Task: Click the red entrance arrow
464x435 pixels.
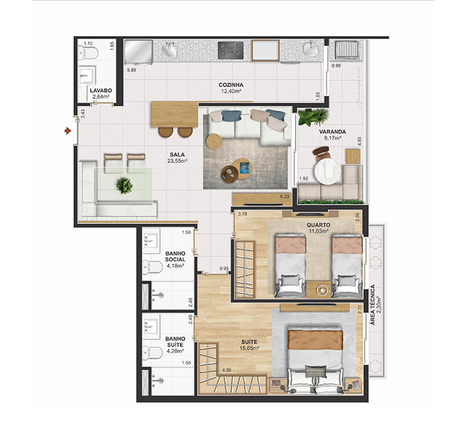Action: tap(68, 131)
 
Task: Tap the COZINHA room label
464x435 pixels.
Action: tap(231, 85)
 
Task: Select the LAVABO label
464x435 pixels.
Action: tap(101, 91)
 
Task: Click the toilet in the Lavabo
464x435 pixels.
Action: tap(88, 53)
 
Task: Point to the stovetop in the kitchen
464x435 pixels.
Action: tap(231, 50)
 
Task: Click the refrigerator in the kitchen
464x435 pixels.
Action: tap(138, 52)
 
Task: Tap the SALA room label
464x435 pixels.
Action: tap(177, 154)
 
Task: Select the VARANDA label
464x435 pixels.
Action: tap(332, 132)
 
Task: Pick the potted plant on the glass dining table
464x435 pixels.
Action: tap(124, 185)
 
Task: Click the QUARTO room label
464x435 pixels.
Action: tap(318, 225)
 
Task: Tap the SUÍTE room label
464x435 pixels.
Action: tap(249, 342)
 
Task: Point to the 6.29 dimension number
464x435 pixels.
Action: tap(284, 196)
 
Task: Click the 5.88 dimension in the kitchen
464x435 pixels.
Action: tap(131, 70)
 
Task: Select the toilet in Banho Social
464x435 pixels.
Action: tap(152, 267)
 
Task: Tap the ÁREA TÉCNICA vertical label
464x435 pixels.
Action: tap(373, 305)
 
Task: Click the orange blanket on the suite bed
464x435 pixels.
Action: tap(315, 340)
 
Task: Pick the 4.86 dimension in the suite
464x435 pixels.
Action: tap(226, 370)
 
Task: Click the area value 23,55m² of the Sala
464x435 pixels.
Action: tap(177, 161)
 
